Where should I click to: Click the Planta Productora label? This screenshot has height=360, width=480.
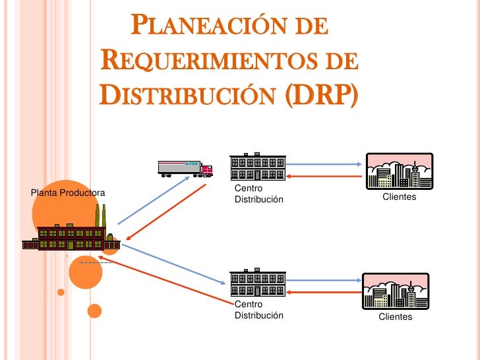click(x=68, y=193)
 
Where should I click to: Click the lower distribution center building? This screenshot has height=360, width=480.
click(x=258, y=284)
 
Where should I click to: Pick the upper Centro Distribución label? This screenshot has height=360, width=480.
click(x=258, y=195)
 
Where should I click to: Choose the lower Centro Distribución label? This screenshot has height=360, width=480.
click(x=258, y=310)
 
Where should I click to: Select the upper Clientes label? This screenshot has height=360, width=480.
click(x=400, y=197)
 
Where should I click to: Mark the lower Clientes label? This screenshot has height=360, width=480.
click(x=395, y=317)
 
